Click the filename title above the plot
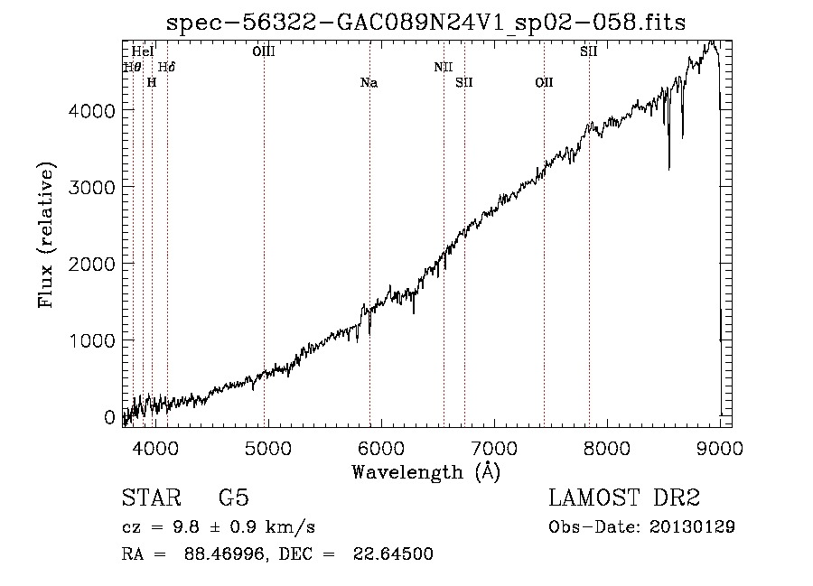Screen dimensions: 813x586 click(425, 23)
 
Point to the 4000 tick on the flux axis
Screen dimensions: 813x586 click(91, 110)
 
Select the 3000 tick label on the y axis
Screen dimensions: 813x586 click(91, 187)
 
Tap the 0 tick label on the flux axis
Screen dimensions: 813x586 click(109, 417)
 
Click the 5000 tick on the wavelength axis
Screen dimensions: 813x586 click(268, 448)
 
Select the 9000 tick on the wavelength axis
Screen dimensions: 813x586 click(720, 448)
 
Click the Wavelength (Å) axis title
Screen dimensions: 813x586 click(425, 472)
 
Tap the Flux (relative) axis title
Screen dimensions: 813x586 click(46, 236)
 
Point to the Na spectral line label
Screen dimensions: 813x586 click(369, 83)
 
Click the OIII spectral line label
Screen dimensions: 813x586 click(264, 51)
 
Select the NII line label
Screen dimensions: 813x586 click(444, 68)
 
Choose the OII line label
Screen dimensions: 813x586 click(544, 83)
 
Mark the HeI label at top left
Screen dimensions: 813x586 click(143, 51)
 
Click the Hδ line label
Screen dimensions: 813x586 click(166, 68)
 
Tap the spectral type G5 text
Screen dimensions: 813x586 click(234, 498)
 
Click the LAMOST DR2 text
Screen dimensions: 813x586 click(624, 498)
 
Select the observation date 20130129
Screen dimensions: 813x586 click(692, 527)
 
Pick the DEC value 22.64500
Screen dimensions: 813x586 click(393, 553)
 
